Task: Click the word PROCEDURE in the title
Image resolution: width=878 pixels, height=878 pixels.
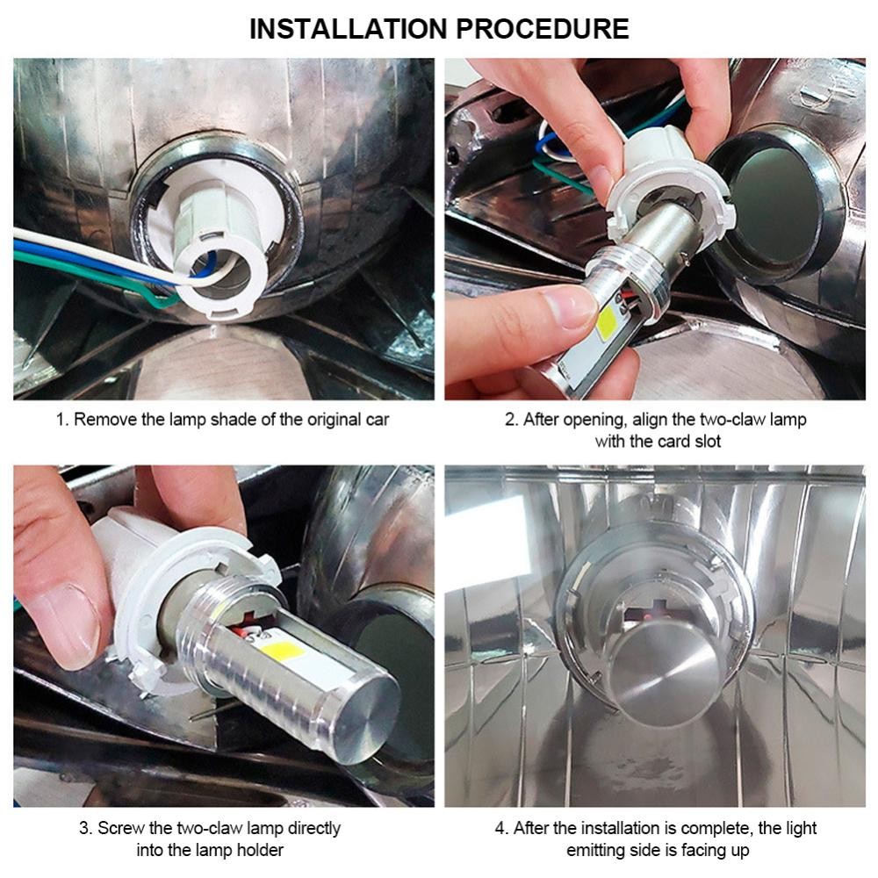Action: pos(542,29)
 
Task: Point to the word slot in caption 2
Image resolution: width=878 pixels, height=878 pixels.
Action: pos(708,442)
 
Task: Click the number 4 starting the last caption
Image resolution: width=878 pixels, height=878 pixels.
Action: pos(500,828)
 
